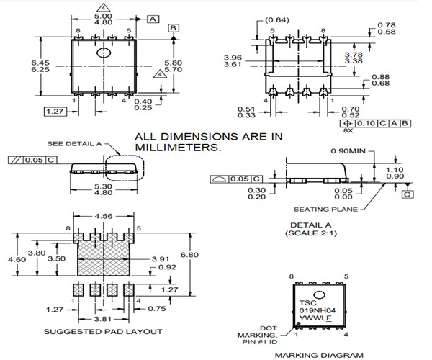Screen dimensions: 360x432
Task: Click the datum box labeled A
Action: [153, 19]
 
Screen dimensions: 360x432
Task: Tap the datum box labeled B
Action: [173, 28]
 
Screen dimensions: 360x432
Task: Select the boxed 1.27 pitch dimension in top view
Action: [54, 112]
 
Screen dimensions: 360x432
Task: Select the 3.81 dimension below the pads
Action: [104, 317]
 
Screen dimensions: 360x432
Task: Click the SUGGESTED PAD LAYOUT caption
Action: [104, 332]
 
